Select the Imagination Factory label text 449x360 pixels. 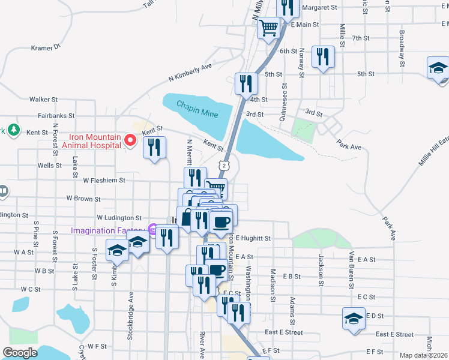click(109, 230)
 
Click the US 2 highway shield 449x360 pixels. click(223, 164)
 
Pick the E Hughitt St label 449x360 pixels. click(253, 238)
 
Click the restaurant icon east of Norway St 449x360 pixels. click(324, 56)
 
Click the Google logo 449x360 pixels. click(20, 353)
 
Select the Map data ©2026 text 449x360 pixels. click(424, 355)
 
